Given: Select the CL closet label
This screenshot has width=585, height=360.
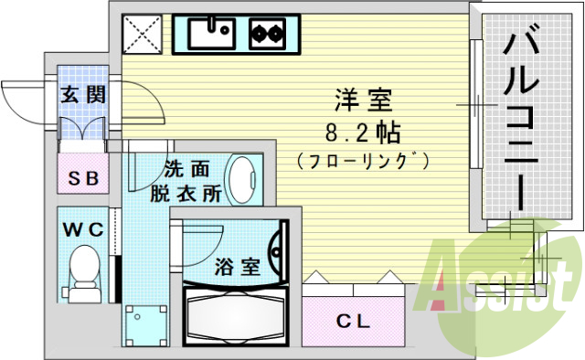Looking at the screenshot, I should tap(351, 321).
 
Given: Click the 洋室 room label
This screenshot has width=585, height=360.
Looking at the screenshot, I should tap(350, 96).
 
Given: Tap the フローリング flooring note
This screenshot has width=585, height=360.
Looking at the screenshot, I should tap(363, 160).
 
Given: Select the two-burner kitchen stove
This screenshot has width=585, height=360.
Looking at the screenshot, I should tap(266, 35).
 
